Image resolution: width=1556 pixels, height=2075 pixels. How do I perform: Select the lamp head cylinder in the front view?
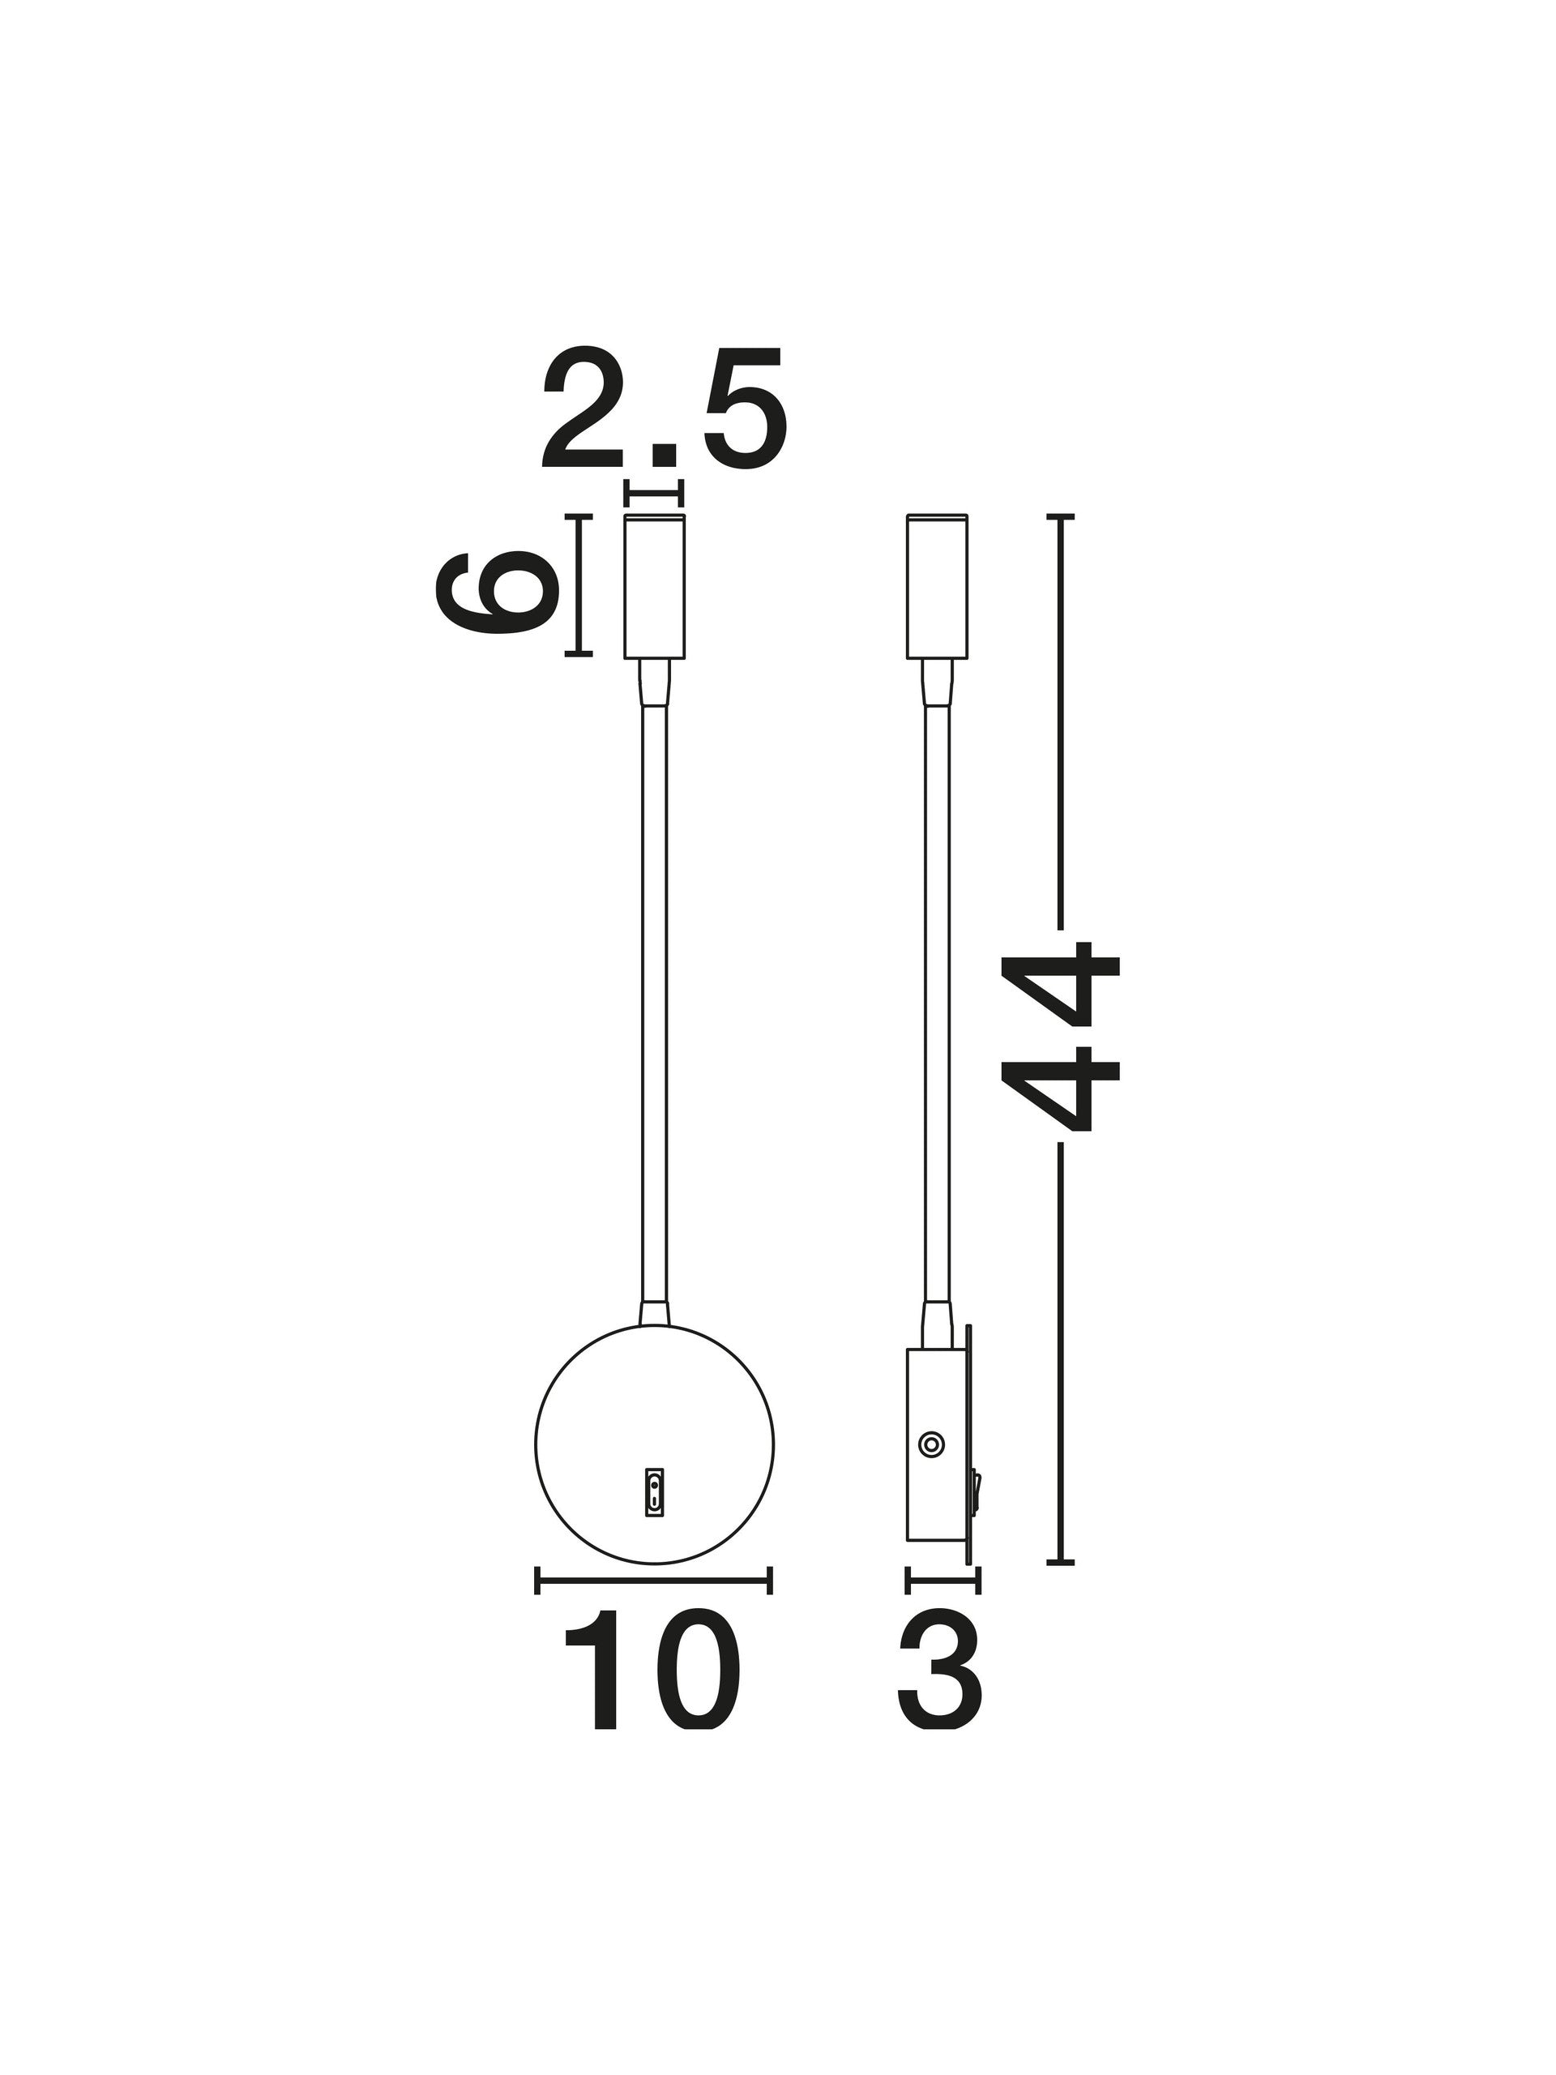coord(655,586)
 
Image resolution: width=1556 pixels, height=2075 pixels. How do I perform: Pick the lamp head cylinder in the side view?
coord(936,586)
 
